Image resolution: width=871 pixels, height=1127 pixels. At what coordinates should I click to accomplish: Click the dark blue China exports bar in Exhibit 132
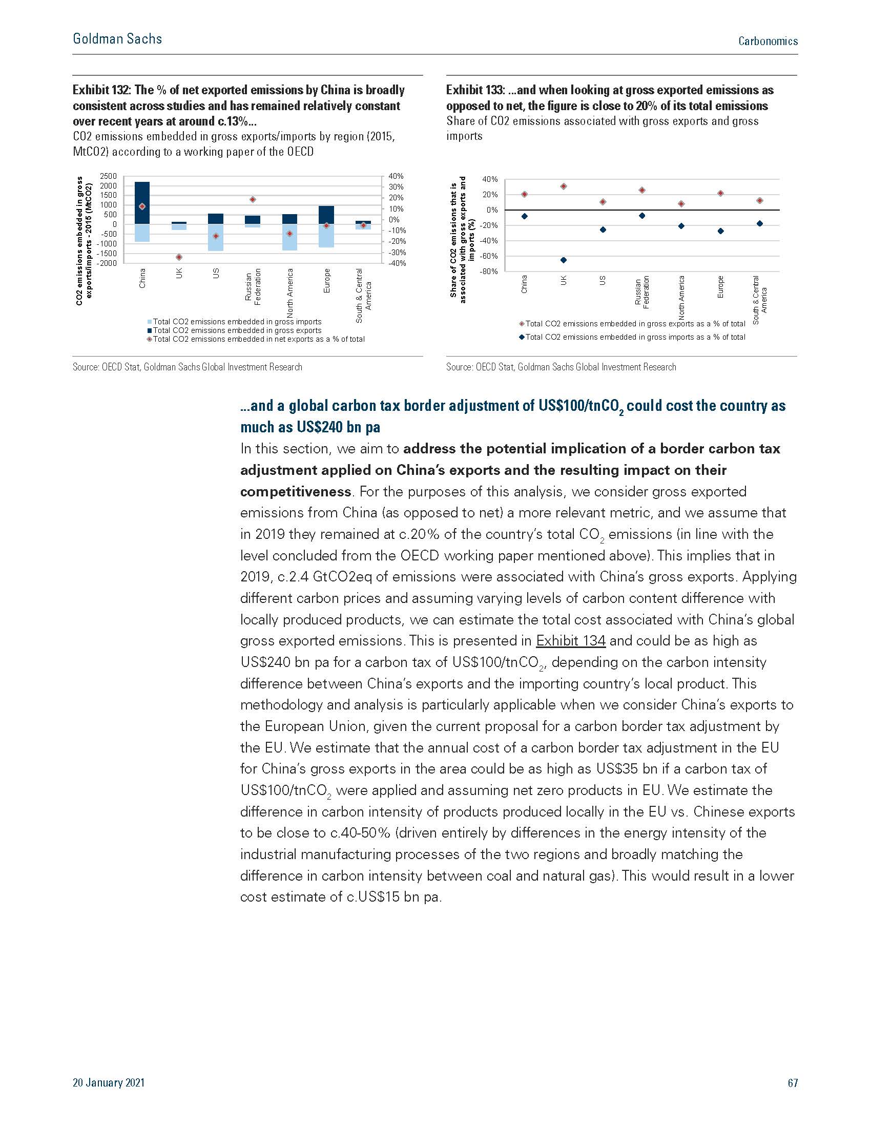pyautogui.click(x=142, y=203)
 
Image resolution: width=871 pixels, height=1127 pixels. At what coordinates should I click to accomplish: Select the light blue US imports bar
pyautogui.click(x=216, y=237)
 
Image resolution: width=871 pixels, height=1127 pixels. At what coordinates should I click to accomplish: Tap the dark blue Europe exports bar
pyautogui.click(x=326, y=215)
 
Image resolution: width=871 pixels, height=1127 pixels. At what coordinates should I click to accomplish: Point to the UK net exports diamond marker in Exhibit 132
pyautogui.click(x=179, y=257)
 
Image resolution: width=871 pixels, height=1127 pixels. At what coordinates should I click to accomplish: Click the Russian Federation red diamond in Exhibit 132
pyautogui.click(x=253, y=199)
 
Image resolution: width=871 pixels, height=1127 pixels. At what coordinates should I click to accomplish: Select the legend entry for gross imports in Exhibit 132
pyautogui.click(x=235, y=322)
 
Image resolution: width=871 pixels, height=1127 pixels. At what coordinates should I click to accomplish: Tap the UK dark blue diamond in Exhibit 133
pyautogui.click(x=564, y=260)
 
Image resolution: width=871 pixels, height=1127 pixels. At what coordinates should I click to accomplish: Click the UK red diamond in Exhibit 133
pyautogui.click(x=564, y=186)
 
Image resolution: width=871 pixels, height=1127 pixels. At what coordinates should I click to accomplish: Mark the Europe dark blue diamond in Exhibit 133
pyautogui.click(x=720, y=231)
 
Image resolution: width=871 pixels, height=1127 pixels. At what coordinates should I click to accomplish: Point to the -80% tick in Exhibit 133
pyautogui.click(x=489, y=272)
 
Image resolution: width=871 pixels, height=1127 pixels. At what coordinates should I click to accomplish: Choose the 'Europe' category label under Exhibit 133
pyautogui.click(x=720, y=287)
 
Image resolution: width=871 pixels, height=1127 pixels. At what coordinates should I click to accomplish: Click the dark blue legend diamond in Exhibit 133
pyautogui.click(x=522, y=337)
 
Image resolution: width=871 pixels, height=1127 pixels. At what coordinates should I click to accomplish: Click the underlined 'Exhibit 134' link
pyautogui.click(x=571, y=641)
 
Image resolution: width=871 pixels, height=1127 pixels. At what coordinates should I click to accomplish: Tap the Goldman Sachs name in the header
pyautogui.click(x=118, y=39)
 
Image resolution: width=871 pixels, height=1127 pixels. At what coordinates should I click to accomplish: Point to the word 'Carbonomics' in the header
pyautogui.click(x=768, y=41)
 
